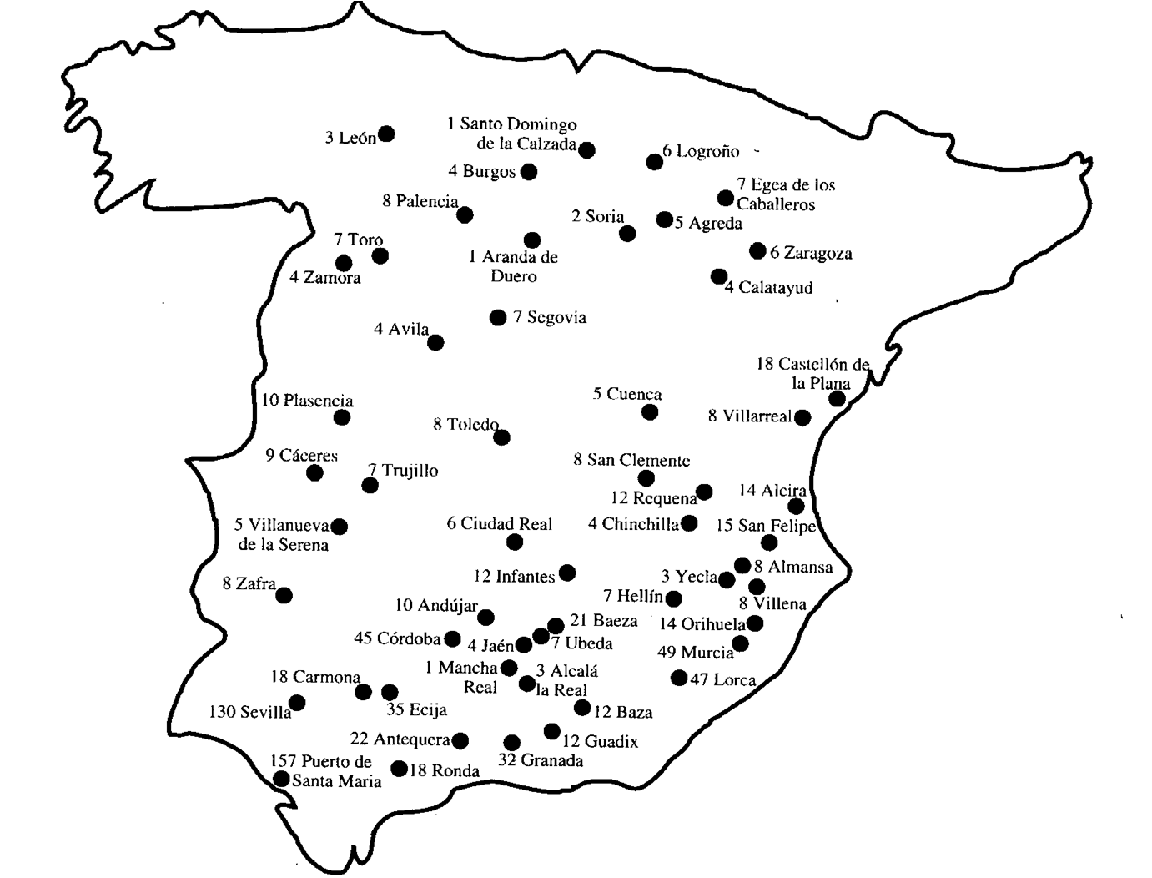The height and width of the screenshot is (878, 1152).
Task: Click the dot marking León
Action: point(386,134)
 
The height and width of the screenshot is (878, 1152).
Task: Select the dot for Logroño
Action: point(655,161)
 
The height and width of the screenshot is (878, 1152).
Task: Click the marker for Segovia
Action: point(498,317)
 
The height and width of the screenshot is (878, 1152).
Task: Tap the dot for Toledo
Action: point(501,436)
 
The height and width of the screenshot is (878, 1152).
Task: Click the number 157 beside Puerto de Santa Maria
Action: point(284,761)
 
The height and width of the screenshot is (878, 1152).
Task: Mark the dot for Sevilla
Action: point(297,702)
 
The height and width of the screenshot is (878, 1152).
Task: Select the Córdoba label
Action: point(408,639)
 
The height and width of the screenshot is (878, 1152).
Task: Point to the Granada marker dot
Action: point(512,742)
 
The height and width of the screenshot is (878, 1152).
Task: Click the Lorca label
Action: point(734,679)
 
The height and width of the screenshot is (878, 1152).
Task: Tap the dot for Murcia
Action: point(740,643)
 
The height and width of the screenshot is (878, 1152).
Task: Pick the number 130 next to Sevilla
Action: point(222,712)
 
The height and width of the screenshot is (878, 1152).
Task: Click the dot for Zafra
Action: point(284,595)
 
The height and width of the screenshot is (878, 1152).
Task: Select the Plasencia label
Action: point(318,401)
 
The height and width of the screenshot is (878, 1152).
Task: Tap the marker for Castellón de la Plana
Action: point(837,399)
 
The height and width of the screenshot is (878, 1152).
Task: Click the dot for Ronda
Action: point(400,769)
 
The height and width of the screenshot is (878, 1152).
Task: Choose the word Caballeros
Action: point(776,204)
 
